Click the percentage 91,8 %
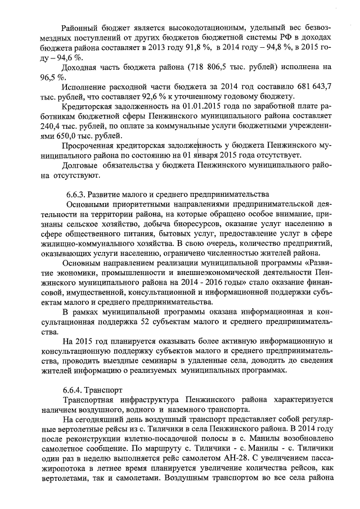pyautogui.click(x=200, y=47)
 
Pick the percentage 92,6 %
pyautogui.click(x=124, y=97)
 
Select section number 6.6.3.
pyautogui.click(x=75, y=195)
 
